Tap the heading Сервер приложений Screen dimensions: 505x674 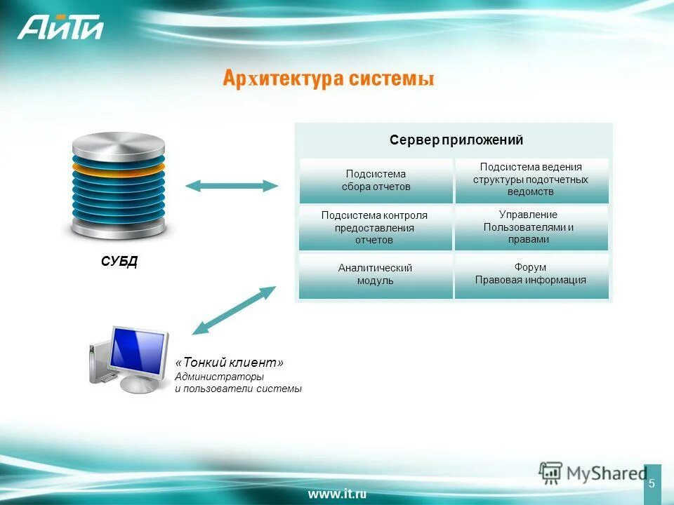tap(456, 140)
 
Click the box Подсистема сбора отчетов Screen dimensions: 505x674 tap(376, 181)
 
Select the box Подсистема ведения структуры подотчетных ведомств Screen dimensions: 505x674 tap(531, 180)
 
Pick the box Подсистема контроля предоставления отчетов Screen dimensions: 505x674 tap(375, 227)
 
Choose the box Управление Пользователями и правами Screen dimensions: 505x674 tap(531, 227)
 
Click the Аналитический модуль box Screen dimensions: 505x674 tap(375, 275)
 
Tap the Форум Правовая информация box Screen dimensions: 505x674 tap(531, 274)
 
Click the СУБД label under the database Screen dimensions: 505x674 tap(119, 262)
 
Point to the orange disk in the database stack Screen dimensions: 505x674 tap(119, 168)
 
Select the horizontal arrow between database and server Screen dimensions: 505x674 tap(232, 186)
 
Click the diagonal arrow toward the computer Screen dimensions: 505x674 tap(234, 309)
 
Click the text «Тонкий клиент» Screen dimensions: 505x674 tap(230, 363)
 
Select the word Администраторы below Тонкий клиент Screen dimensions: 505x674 tap(214, 377)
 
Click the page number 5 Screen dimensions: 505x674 tap(652, 483)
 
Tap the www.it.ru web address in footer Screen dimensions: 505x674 tap(337, 494)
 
